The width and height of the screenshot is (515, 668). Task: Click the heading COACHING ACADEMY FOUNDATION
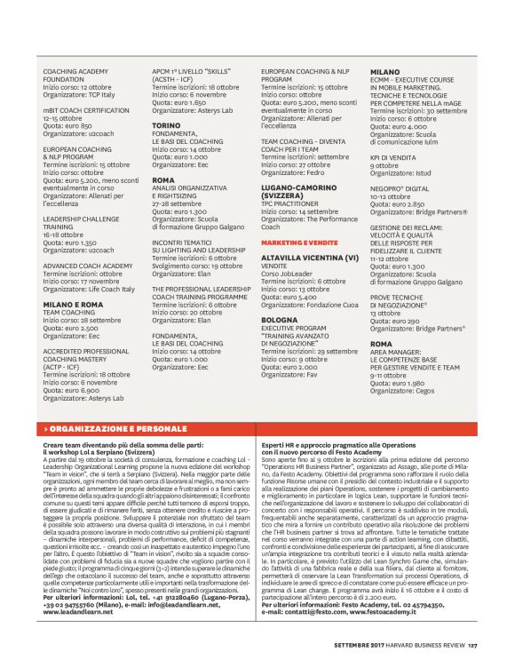tap(70, 75)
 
